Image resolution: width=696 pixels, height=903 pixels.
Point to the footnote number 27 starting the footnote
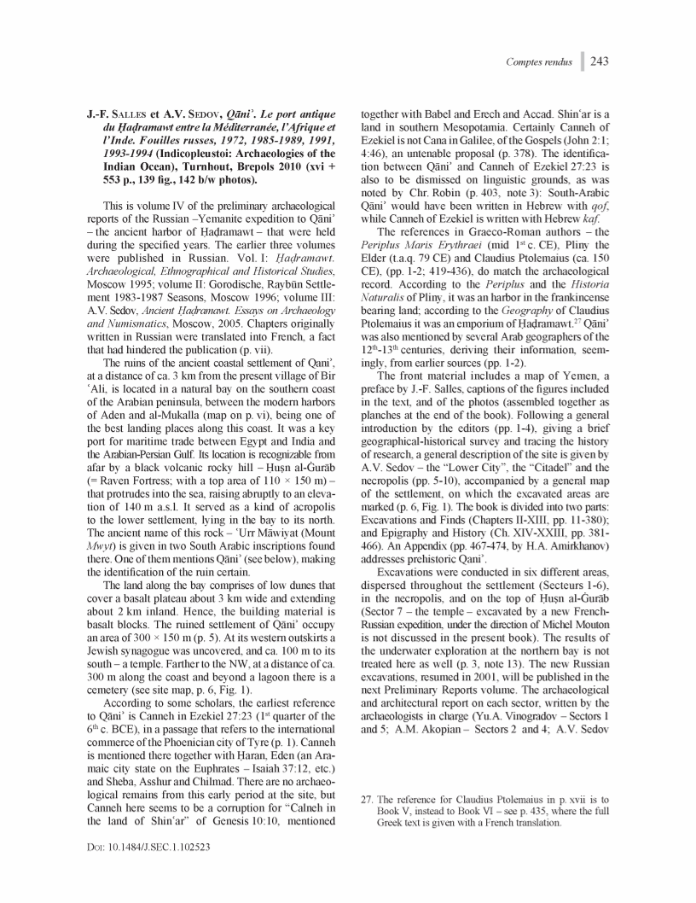pyautogui.click(x=369, y=800)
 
